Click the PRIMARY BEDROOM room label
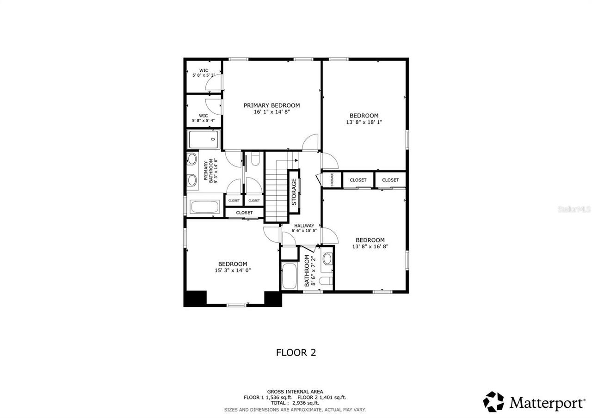[271, 105]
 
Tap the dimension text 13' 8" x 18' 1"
[364, 123]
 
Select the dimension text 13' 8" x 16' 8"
[370, 247]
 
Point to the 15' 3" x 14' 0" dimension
[233, 270]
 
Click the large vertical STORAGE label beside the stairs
[294, 191]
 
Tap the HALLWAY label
[304, 226]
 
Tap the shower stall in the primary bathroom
[203, 139]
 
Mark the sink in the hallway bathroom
[327, 258]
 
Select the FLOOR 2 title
[296, 352]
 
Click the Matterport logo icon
[493, 401]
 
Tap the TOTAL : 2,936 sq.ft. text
[295, 403]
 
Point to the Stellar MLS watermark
[573, 209]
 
